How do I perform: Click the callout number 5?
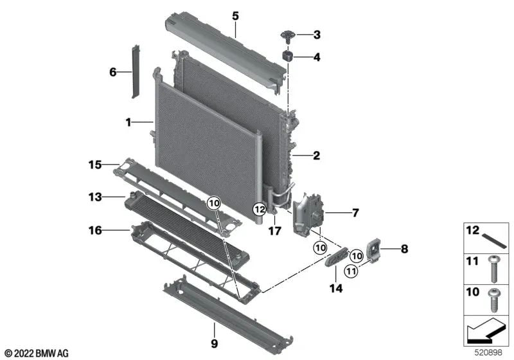(x=235, y=14)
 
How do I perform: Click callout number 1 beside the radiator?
(x=128, y=121)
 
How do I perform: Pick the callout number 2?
(x=315, y=155)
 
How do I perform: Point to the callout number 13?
(x=95, y=197)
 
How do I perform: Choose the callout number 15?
(x=95, y=165)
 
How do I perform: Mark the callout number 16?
(x=95, y=229)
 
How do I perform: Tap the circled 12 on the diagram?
(x=259, y=208)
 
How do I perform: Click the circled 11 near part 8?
(x=351, y=271)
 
